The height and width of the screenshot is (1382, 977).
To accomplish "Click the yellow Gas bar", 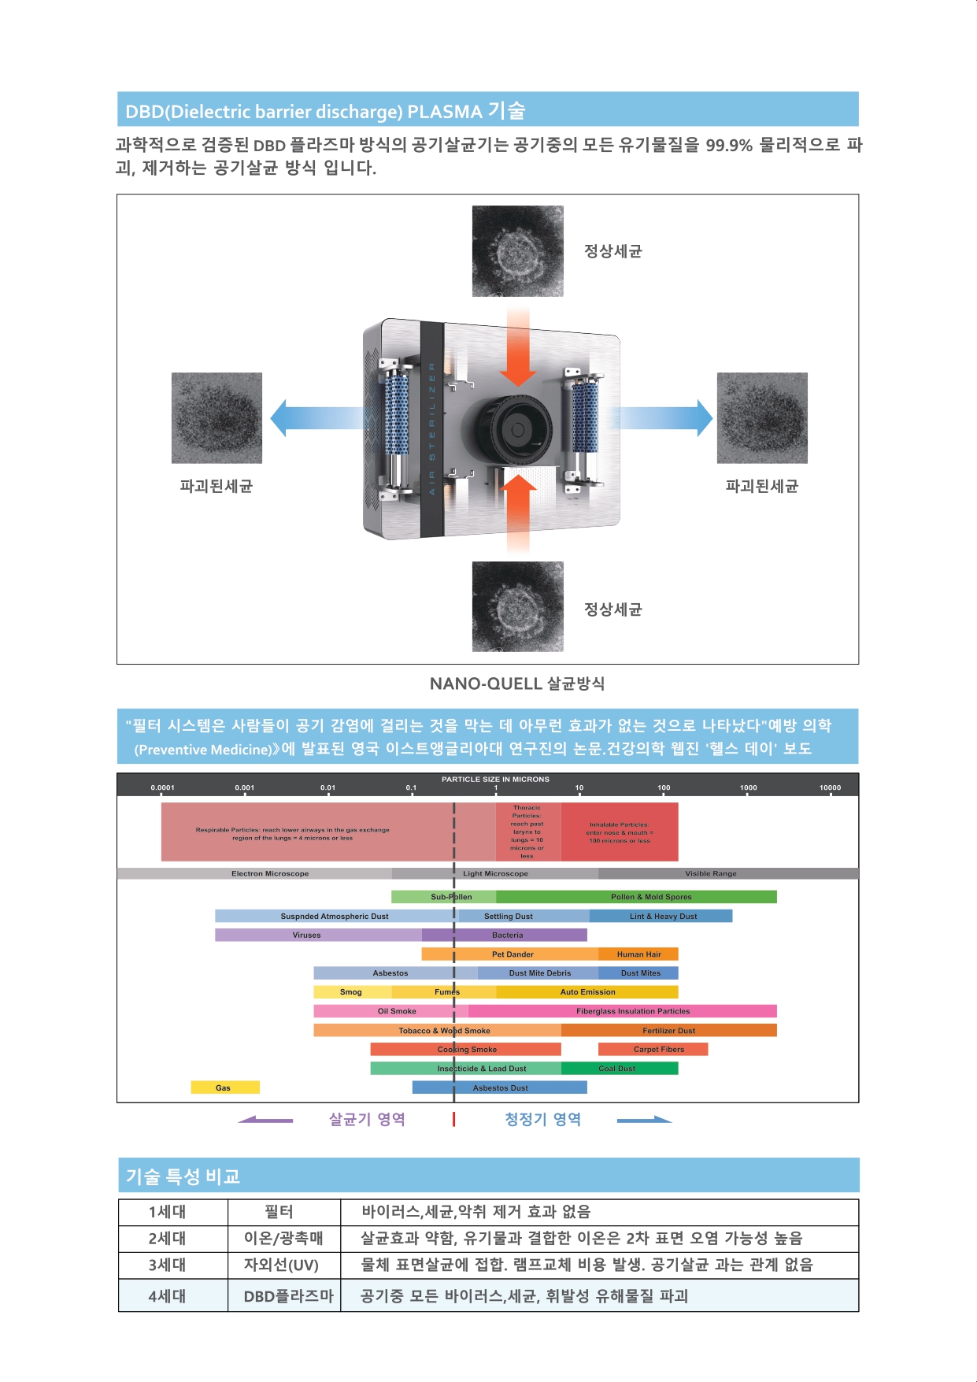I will pyautogui.click(x=224, y=1087).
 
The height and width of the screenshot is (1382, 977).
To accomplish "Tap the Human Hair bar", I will pyautogui.click(x=638, y=954).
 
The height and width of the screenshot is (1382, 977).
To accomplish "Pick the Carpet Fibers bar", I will pyautogui.click(x=653, y=1049).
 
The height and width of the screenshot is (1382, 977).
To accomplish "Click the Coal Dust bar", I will pyautogui.click(x=619, y=1069).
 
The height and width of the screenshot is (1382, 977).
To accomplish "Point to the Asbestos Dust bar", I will pyautogui.click(x=500, y=1087).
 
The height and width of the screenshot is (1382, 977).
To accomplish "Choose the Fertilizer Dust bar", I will pyautogui.click(x=668, y=1030).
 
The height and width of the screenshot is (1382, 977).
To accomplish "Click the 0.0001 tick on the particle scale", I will pyautogui.click(x=162, y=787).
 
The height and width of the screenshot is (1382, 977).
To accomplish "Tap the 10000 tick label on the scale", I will pyautogui.click(x=830, y=787).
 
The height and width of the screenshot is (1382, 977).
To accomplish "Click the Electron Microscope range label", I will pyautogui.click(x=270, y=873).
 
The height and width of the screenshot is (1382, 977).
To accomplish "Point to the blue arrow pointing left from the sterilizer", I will pyautogui.click(x=315, y=417).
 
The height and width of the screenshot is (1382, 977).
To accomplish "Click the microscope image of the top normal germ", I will pyautogui.click(x=517, y=251).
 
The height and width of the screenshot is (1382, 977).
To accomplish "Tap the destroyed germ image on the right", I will pyautogui.click(x=761, y=417).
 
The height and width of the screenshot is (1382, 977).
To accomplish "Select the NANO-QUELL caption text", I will pyautogui.click(x=516, y=684).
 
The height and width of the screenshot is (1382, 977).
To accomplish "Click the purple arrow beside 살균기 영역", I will pyautogui.click(x=265, y=1119).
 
